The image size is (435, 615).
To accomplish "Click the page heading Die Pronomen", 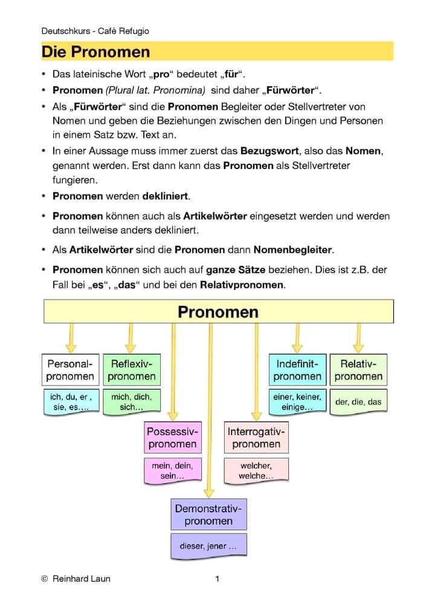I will coord(95,52).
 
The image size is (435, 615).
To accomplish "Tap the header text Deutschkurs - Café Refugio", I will coord(95,31).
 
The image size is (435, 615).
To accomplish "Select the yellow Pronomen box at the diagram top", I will coord(218,312).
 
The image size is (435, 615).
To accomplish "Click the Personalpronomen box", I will coord(71,370).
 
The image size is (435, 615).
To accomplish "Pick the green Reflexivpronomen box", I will coord(132,370).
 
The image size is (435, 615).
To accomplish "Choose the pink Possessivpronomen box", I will coord(172,438).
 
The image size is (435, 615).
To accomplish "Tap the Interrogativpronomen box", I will coord(256,438).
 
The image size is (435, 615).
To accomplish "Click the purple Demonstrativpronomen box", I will coord(208,515).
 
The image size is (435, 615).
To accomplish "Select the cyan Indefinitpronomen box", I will coord(297,370).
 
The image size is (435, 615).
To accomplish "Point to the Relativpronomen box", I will coord(358,370).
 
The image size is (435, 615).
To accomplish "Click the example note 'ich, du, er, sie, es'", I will coord(71,402).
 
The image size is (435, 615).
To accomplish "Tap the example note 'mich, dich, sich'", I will coord(132,402).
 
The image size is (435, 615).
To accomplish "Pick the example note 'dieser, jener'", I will coord(208,546).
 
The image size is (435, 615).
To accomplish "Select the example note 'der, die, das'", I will coord(358,402).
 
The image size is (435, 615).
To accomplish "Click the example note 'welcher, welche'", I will coord(256,470).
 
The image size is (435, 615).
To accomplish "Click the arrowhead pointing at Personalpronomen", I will coord(71,347).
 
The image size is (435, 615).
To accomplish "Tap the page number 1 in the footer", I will coord(217,579).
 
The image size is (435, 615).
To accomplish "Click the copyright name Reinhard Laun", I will coord(82,579).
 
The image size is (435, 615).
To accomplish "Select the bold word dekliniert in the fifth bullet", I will coord(166,196).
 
